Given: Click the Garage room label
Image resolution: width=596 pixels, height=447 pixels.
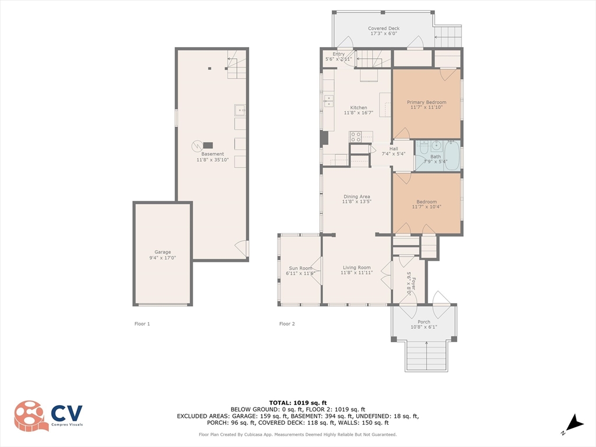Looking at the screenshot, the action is click(x=163, y=252).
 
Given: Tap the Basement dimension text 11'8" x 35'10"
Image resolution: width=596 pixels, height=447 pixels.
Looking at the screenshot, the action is click(x=212, y=160).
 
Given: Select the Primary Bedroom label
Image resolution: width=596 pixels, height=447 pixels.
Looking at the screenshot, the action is click(x=427, y=102).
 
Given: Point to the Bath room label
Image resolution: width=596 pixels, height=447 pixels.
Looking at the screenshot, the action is click(x=435, y=157).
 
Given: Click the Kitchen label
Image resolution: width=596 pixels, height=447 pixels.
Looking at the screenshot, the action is click(x=359, y=108).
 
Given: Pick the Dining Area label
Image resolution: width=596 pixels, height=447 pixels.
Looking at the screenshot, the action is click(x=357, y=197).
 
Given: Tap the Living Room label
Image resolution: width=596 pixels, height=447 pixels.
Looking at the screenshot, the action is click(x=357, y=268).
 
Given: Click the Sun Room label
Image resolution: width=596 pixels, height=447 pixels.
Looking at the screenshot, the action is click(x=300, y=268).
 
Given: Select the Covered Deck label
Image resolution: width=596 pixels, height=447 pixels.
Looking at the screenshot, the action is click(x=384, y=28).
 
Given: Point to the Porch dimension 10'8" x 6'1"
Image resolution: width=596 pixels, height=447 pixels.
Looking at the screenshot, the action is click(x=424, y=327).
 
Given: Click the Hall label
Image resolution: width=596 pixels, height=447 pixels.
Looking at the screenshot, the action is click(x=393, y=148).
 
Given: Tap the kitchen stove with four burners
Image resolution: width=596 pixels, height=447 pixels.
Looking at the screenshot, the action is click(x=356, y=137).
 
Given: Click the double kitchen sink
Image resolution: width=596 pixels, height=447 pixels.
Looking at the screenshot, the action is click(x=328, y=101).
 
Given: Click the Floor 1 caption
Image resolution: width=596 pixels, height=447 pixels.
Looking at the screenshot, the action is click(x=142, y=324).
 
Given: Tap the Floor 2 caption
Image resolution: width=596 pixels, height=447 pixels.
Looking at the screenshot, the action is click(x=287, y=324).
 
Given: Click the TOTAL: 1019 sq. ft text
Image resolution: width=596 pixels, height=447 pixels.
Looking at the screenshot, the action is click(x=298, y=403).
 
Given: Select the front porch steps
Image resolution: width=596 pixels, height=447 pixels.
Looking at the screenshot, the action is click(x=427, y=356).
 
